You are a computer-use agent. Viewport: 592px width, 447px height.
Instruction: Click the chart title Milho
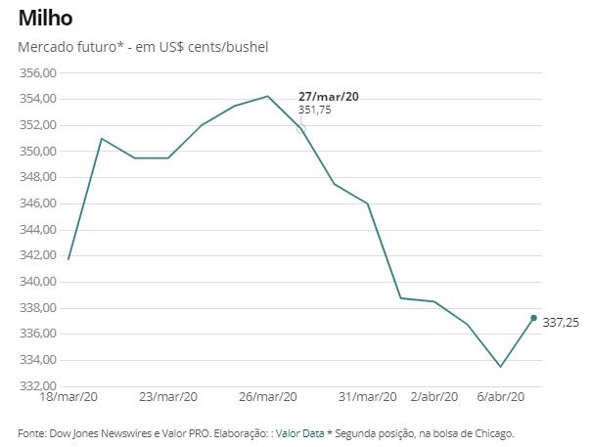45,19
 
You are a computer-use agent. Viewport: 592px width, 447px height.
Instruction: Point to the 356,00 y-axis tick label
39,73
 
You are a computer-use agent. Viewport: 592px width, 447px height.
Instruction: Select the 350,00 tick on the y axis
39,152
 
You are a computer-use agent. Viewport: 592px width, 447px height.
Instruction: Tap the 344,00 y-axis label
39,230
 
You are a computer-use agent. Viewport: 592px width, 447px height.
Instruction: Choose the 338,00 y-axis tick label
39,308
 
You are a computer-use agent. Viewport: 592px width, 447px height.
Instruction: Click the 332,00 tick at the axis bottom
39,385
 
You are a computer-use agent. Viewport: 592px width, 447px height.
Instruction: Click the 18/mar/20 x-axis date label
68,397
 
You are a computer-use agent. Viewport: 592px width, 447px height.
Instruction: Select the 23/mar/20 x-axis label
168,397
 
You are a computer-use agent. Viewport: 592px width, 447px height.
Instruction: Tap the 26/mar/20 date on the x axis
268,397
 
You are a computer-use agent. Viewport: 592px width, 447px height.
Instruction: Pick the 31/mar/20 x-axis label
367,397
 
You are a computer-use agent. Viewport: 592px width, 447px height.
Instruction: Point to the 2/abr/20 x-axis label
433,397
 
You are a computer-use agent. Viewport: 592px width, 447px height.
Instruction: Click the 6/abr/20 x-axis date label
501,397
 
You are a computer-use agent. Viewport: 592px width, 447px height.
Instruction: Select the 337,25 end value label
561,322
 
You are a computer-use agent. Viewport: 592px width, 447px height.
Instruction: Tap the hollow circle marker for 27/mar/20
300,128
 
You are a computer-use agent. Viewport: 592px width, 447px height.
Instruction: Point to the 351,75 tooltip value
314,111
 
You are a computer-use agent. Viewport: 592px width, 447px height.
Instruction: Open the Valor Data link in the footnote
299,432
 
